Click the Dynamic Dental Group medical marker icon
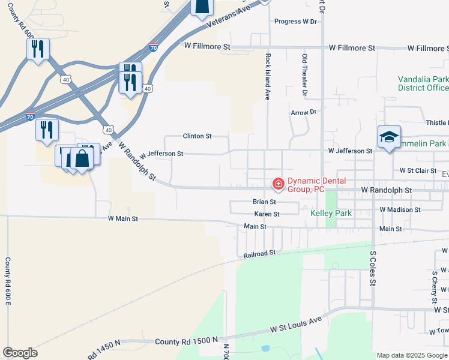point(278,183)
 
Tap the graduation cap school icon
point(388,137)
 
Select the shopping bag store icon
point(82,158)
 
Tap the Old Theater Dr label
point(305,74)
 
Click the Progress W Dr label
point(295,22)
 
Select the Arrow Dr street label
point(303,112)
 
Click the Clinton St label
point(197,136)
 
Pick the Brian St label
point(264,202)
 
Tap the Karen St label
point(267,214)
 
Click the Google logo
point(20,353)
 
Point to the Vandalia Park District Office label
point(423,83)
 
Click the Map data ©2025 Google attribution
point(412,355)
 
